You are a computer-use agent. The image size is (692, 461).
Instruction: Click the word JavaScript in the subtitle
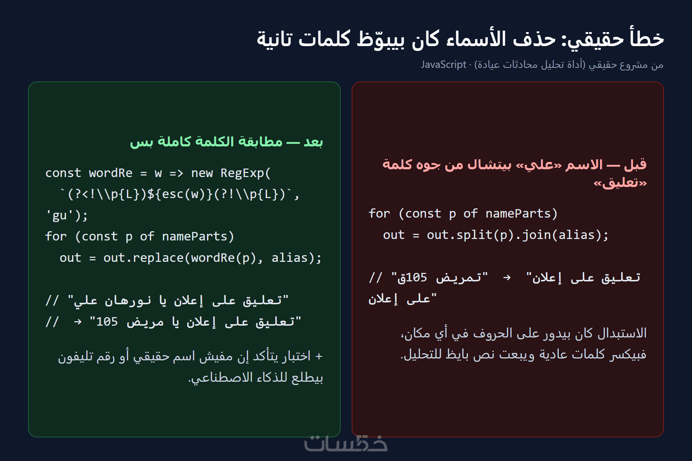444,65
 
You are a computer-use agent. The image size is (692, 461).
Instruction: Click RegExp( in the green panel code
246,173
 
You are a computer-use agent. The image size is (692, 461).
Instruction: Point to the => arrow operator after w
176,173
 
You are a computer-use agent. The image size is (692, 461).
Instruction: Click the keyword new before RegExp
202,173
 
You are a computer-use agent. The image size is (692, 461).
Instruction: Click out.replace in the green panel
144,257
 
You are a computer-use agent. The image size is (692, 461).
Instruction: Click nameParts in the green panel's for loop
194,236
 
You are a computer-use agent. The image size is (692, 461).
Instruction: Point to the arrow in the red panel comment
507,277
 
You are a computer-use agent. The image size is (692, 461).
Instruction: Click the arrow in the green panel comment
78,322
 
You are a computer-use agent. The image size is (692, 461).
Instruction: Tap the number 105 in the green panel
107,322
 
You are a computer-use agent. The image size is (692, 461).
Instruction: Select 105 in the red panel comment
416,277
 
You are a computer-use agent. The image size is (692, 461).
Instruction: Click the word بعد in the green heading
313,142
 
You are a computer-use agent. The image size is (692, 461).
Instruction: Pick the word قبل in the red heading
636,164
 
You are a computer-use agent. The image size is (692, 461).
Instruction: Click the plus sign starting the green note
319,356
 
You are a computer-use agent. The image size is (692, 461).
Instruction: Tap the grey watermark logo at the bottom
346,443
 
